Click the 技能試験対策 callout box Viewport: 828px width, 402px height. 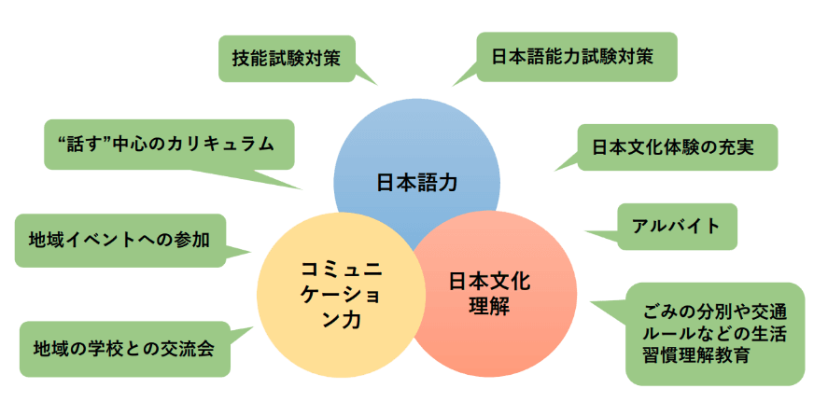pyautogui.click(x=286, y=58)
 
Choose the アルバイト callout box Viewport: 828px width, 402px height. pyautogui.click(x=678, y=226)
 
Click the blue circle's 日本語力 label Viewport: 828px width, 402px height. pyautogui.click(x=416, y=182)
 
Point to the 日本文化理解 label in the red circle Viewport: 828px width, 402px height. pyautogui.click(x=488, y=292)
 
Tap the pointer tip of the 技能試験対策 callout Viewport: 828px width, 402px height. pyautogui.click(x=378, y=85)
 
